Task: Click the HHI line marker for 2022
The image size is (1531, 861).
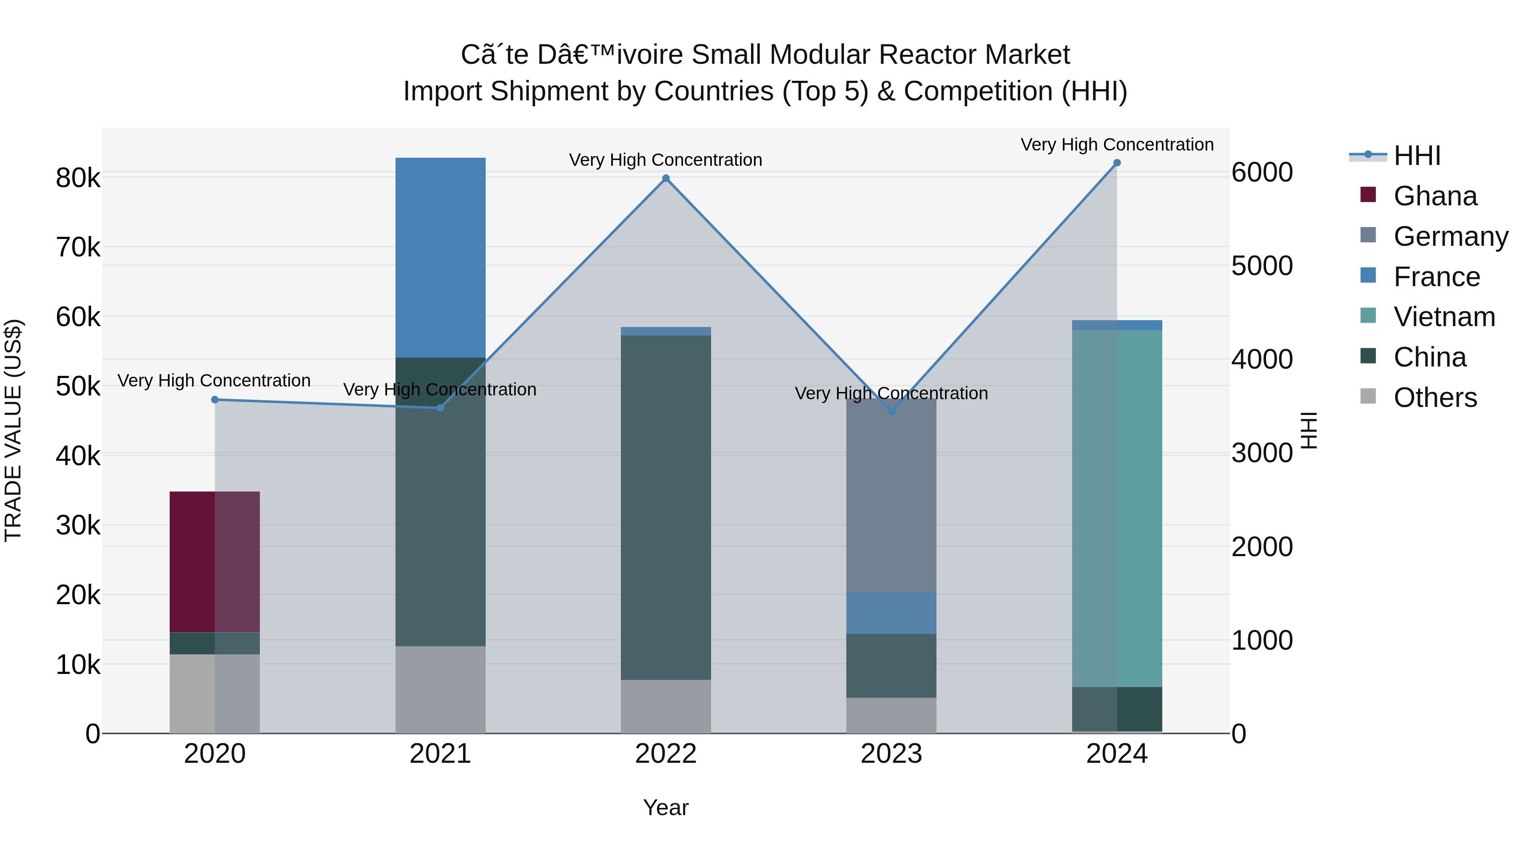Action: pyautogui.click(x=666, y=178)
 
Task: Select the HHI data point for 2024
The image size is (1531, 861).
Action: pyautogui.click(x=1117, y=163)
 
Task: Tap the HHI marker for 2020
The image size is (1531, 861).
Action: pyautogui.click(x=215, y=400)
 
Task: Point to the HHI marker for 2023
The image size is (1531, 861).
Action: pyautogui.click(x=891, y=412)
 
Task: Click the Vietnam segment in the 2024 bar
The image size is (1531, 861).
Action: pyautogui.click(x=1117, y=508)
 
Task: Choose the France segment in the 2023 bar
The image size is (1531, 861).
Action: pyautogui.click(x=891, y=613)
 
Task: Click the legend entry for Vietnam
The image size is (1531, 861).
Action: pyautogui.click(x=1444, y=317)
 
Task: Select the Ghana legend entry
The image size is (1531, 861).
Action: pyautogui.click(x=1435, y=196)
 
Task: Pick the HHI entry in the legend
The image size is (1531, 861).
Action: pyautogui.click(x=1417, y=156)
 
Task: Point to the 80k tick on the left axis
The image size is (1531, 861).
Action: pyautogui.click(x=78, y=178)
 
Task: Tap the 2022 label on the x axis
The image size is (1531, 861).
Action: pyautogui.click(x=666, y=754)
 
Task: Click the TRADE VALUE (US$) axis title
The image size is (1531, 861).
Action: pyautogui.click(x=14, y=430)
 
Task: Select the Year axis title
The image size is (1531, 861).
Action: pyautogui.click(x=666, y=807)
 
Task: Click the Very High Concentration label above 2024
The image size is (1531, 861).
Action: pyautogui.click(x=1117, y=145)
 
